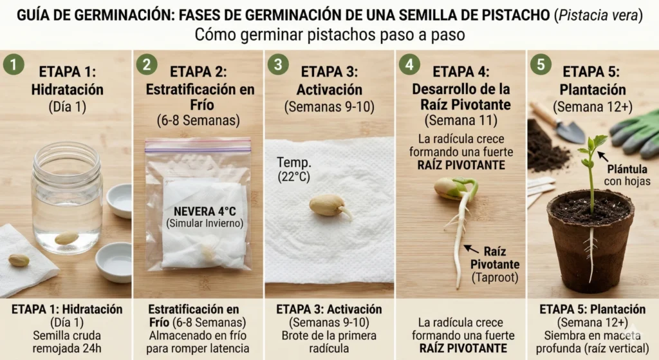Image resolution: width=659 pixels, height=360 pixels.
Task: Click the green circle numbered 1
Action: click(14, 65)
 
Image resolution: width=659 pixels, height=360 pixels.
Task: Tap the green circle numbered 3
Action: click(278, 65)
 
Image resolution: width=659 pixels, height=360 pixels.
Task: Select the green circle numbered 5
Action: click(541, 65)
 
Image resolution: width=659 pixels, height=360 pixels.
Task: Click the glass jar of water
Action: click(67, 198)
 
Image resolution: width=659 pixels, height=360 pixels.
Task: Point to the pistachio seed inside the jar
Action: click(66, 238)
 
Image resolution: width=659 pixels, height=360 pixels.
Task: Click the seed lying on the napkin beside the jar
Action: click(19, 260)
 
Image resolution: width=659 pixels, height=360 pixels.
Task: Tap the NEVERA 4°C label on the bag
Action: click(205, 211)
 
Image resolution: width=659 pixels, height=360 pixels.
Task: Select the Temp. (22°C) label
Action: click(293, 169)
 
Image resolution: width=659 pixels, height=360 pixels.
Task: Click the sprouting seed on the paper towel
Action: click(330, 205)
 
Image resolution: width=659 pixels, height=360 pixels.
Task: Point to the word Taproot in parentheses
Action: click(495, 278)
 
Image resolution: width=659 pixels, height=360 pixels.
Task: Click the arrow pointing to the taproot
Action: click(471, 249)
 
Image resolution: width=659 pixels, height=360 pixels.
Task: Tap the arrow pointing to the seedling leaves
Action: click(603, 156)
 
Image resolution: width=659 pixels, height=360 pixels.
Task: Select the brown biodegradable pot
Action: click(591, 242)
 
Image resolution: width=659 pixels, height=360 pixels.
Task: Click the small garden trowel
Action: click(557, 122)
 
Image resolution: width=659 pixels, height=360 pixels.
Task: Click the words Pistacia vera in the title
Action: click(599, 15)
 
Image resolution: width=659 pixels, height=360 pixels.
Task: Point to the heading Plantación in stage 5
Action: click(593, 90)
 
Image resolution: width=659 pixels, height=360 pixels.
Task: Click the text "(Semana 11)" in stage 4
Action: click(461, 120)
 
